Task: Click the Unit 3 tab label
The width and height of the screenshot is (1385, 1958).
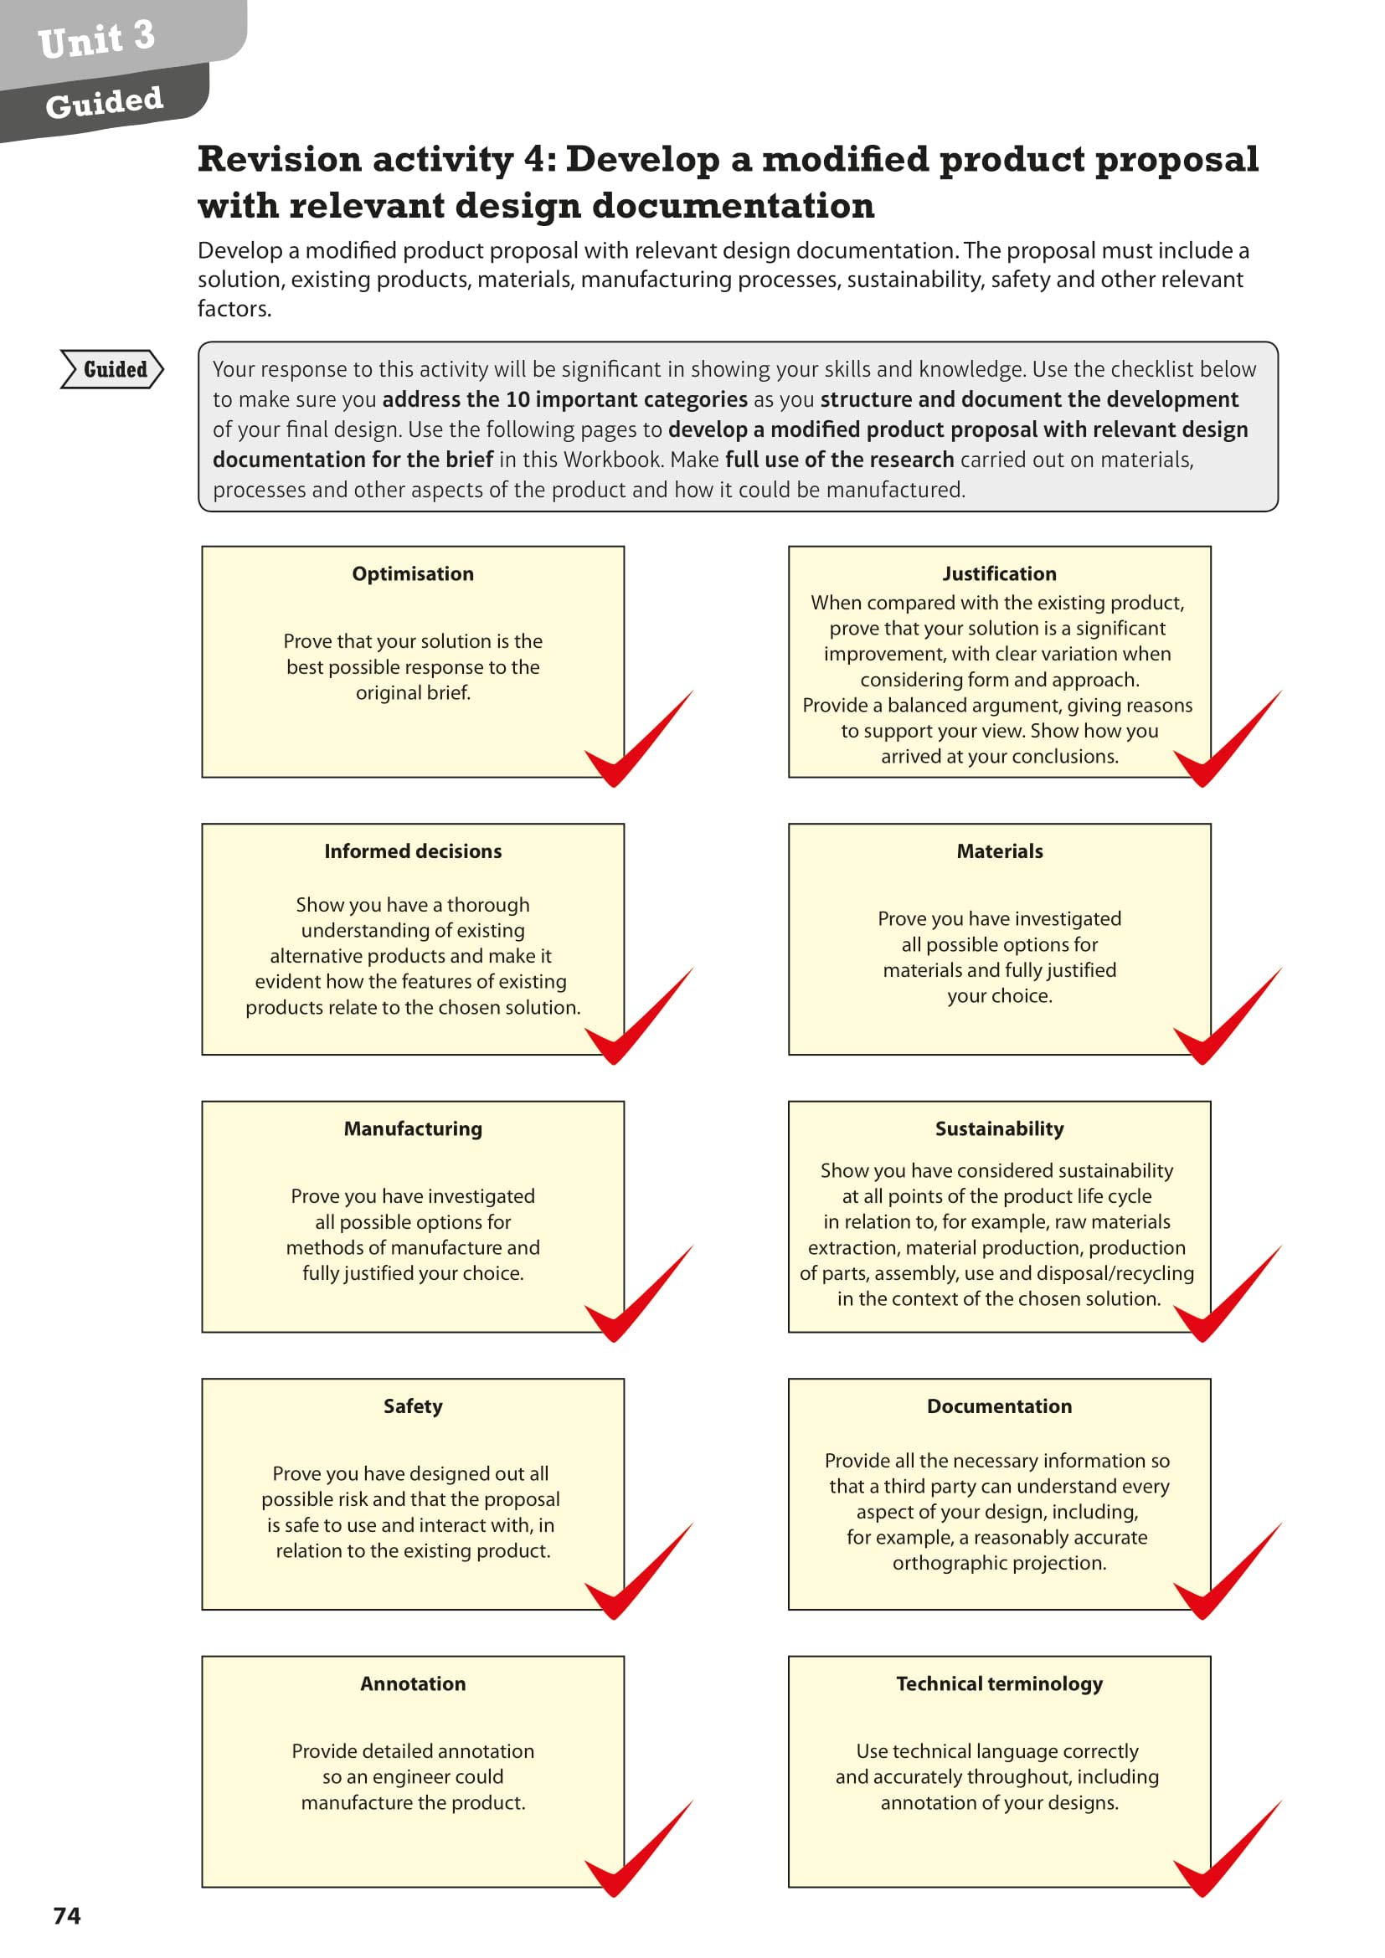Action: click(96, 39)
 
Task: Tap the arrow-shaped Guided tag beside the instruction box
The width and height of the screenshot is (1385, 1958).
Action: click(112, 369)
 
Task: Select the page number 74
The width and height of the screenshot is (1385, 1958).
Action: click(67, 1915)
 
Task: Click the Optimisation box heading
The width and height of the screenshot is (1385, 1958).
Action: click(413, 574)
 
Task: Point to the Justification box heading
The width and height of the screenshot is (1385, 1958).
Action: click(999, 574)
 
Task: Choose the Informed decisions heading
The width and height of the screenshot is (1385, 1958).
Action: click(413, 851)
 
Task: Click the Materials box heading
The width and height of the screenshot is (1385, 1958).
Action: click(999, 851)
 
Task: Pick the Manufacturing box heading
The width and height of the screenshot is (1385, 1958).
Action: click(413, 1128)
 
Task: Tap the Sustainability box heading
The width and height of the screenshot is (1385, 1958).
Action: click(999, 1128)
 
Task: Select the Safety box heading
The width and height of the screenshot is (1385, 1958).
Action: click(413, 1406)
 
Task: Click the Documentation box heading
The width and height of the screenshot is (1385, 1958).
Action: click(999, 1406)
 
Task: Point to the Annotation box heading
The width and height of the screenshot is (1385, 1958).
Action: click(413, 1683)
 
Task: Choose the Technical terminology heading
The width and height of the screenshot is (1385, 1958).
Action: click(999, 1683)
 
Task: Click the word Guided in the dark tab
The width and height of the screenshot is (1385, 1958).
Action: click(104, 103)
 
